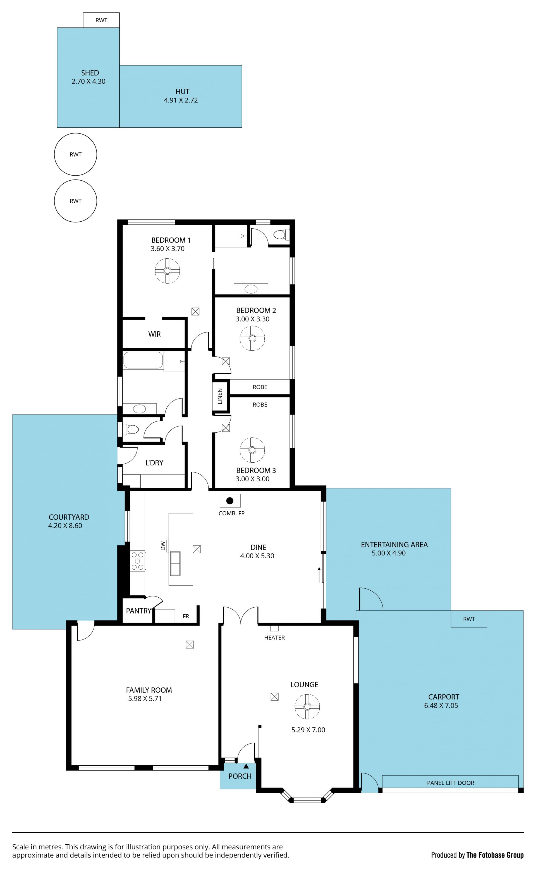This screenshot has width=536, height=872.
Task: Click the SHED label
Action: [x=90, y=73]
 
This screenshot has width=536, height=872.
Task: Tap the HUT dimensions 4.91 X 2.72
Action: [x=181, y=100]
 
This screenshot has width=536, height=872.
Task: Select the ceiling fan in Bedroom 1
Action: [x=167, y=271]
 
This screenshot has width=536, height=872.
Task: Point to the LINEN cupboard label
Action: [x=220, y=396]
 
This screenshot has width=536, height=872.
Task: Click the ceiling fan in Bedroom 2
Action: [x=252, y=338]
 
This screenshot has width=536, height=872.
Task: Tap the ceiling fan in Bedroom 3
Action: [x=252, y=450]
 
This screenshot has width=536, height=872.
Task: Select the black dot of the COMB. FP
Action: [x=230, y=500]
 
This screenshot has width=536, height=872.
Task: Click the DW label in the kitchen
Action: [x=163, y=545]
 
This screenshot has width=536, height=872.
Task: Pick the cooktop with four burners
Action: [x=138, y=560]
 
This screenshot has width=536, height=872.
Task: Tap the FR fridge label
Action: [x=186, y=616]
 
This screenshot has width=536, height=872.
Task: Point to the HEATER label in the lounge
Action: [x=274, y=638]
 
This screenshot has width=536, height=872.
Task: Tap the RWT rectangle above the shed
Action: [x=101, y=20]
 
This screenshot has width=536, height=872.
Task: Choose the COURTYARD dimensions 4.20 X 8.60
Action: [x=65, y=526]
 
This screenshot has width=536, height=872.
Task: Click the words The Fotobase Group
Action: [x=495, y=855]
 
